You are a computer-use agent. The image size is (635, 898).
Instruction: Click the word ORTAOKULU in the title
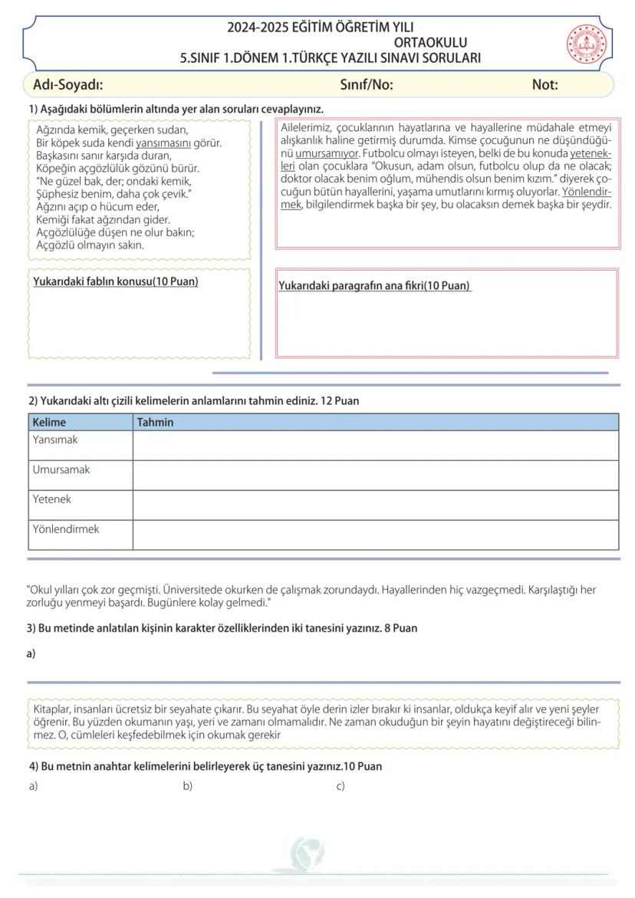[x=430, y=43]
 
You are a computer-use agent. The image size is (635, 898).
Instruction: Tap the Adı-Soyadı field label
[x=68, y=84]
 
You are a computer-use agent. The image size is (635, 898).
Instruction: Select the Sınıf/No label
[x=366, y=84]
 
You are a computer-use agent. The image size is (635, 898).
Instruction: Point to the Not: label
[x=545, y=84]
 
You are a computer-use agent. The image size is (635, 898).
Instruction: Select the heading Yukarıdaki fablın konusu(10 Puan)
[x=116, y=281]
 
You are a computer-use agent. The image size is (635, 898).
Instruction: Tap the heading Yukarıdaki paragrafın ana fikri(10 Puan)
[x=374, y=286]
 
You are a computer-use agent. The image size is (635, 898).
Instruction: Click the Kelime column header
[x=49, y=422]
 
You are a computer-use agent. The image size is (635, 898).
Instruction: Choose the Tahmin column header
[x=155, y=422]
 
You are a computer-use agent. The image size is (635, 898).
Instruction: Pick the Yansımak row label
[x=55, y=440]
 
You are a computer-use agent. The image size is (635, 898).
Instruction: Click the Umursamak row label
[x=61, y=469]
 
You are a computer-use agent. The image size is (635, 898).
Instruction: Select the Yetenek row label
[x=52, y=499]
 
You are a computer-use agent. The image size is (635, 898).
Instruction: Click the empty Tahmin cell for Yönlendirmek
[x=375, y=535]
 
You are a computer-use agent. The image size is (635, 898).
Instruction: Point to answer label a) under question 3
[x=31, y=654]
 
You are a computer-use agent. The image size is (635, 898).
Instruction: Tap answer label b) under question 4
[x=187, y=786]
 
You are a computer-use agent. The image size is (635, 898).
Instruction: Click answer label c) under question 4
[x=341, y=786]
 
